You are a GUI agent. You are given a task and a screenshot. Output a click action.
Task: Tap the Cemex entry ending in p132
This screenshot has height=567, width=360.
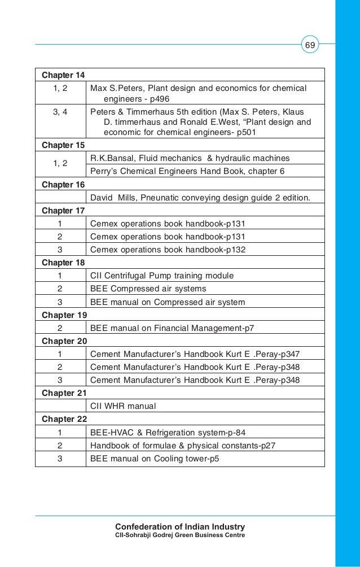click(x=168, y=249)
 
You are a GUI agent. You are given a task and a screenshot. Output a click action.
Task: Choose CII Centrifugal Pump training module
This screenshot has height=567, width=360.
click(x=162, y=276)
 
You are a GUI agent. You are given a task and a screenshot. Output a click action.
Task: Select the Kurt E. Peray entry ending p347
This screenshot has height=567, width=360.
click(x=195, y=354)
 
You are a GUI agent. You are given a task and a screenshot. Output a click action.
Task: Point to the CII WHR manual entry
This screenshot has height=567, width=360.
click(x=123, y=406)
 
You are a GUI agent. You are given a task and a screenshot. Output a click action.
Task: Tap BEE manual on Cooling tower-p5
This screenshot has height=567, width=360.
click(x=155, y=459)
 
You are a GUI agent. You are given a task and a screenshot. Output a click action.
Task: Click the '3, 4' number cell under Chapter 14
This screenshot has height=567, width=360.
click(x=60, y=112)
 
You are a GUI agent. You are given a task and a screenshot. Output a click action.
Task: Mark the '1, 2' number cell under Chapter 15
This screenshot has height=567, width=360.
click(x=60, y=164)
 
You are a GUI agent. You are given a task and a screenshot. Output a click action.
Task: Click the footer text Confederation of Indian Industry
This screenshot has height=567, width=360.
click(x=180, y=527)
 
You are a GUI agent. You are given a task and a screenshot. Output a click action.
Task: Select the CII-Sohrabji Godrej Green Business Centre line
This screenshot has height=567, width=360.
click(x=180, y=535)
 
